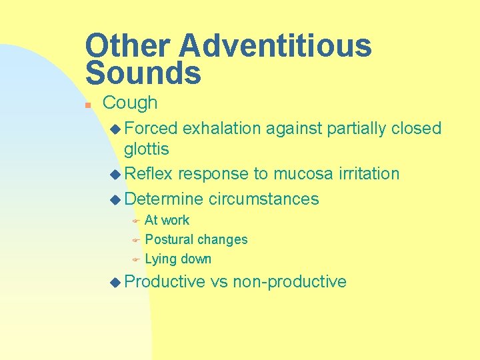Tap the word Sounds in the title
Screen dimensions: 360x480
[143, 73]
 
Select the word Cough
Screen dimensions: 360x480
[130, 103]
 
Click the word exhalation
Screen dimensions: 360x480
[222, 128]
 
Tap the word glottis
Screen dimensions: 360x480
[147, 149]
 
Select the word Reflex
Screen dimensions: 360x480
[148, 174]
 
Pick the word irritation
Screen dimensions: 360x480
[369, 174]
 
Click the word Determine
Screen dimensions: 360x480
[163, 199]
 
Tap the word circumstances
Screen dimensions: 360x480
[264, 199]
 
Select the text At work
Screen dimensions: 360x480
[167, 220]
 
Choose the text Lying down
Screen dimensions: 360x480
[178, 259]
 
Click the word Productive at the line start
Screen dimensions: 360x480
[165, 281]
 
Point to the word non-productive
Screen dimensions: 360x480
[290, 281]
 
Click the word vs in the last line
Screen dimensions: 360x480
[219, 281]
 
